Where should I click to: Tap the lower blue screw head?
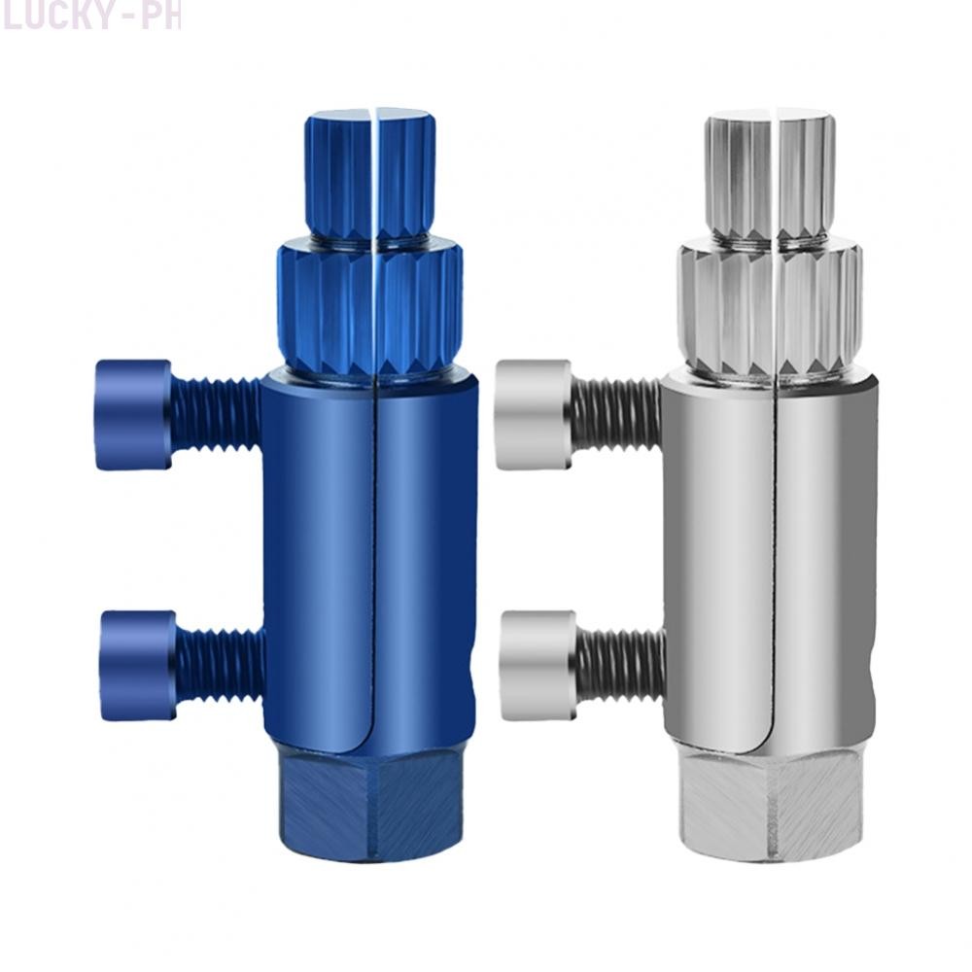(x=137, y=666)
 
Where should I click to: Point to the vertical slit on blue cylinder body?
(x=374, y=564)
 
